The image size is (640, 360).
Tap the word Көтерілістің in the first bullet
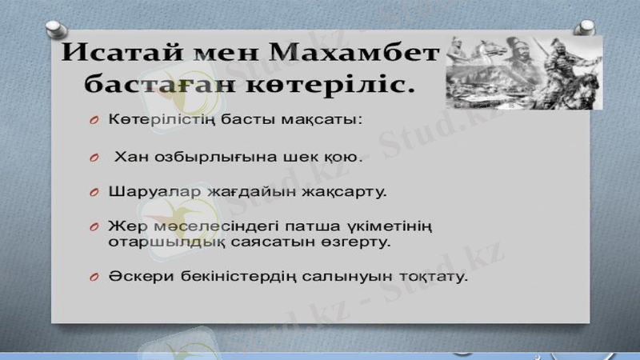click(x=159, y=120)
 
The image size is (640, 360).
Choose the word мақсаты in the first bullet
click(x=325, y=120)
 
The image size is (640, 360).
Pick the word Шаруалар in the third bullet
click(x=150, y=193)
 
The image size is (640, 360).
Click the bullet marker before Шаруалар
click(x=94, y=193)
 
